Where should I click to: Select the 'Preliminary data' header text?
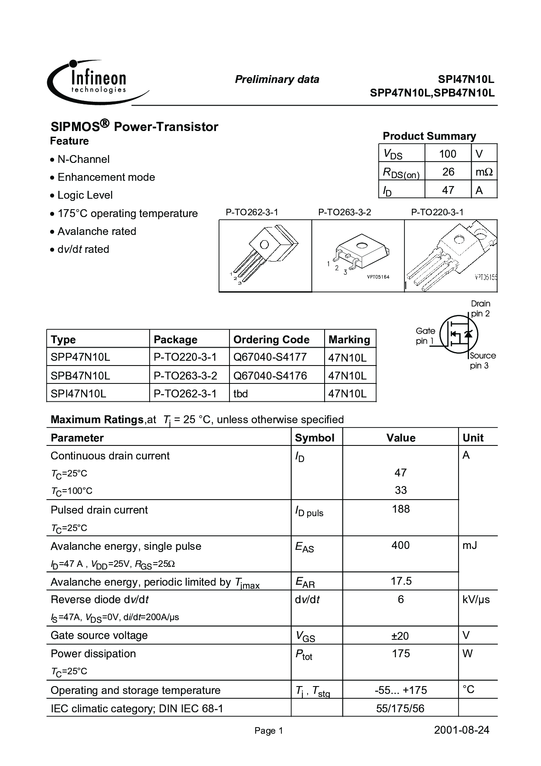[x=277, y=79]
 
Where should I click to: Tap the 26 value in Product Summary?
[x=448, y=172]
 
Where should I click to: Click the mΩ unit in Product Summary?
[x=484, y=172]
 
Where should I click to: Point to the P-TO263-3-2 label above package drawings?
[x=345, y=212]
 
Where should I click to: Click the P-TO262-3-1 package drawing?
[x=265, y=256]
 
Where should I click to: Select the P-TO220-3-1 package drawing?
[x=451, y=256]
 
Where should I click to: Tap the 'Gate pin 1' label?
[x=425, y=336]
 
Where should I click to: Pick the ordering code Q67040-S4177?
[x=270, y=357]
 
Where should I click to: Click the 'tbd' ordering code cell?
[x=241, y=393]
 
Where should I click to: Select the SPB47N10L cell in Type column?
[x=80, y=376]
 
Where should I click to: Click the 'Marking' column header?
[x=349, y=339]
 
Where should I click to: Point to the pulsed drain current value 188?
[x=401, y=509]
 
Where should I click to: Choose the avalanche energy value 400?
[x=401, y=545]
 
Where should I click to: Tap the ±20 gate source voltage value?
[x=401, y=636]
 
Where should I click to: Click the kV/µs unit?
[x=476, y=600]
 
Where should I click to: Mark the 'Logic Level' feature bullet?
[x=85, y=195]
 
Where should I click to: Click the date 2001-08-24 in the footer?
[x=462, y=730]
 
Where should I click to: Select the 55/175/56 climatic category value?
[x=401, y=708]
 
